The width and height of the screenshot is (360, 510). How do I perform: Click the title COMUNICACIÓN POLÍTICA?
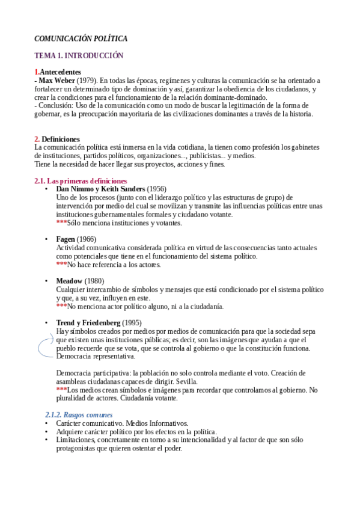tap(81, 38)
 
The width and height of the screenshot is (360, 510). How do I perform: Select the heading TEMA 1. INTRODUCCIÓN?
tap(79, 55)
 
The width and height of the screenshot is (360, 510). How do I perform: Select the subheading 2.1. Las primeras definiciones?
tap(81, 181)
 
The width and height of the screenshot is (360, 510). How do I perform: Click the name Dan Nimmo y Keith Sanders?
tap(100, 189)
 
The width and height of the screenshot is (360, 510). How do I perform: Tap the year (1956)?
tap(157, 189)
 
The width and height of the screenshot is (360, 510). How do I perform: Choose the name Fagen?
tap(66, 239)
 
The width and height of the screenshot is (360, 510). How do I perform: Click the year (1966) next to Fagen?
tap(87, 239)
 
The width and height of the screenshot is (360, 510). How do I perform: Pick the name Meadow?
tap(69, 281)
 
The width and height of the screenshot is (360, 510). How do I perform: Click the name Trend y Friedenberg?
tap(88, 323)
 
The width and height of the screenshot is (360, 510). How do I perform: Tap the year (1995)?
tap(132, 323)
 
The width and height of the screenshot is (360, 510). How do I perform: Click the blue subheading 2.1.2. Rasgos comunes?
tap(78, 415)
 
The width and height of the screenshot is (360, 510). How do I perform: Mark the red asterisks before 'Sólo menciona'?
tap(61, 223)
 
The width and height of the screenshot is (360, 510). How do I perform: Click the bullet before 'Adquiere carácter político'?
tap(47, 432)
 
